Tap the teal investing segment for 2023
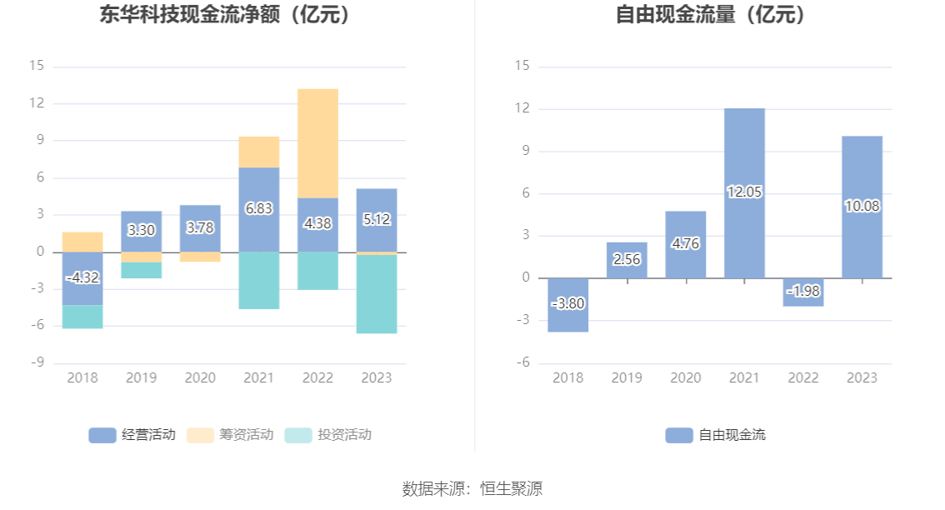(x=377, y=293)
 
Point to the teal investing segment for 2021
(x=259, y=280)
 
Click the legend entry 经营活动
(x=132, y=434)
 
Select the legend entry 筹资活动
(x=231, y=434)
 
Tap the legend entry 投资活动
(x=328, y=434)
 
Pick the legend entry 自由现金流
(x=716, y=434)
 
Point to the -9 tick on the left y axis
(x=38, y=362)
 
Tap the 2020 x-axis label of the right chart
(x=686, y=377)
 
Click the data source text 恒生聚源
(x=511, y=488)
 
